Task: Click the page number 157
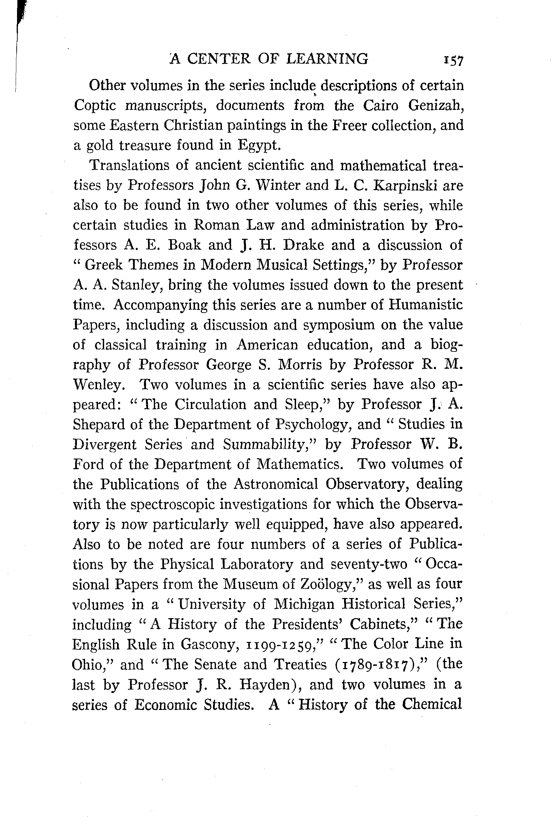point(454,60)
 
